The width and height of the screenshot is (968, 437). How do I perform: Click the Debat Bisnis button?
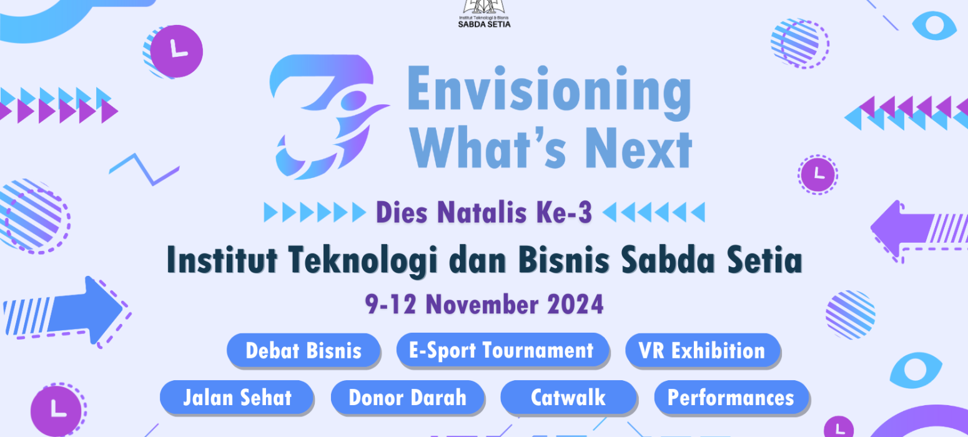point(304,350)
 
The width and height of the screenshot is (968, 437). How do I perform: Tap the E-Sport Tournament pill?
point(503,350)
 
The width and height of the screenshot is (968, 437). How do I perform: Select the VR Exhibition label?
point(703,350)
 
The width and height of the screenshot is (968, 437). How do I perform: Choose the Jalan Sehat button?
point(237,397)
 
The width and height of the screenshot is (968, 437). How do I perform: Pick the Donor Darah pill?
point(408,397)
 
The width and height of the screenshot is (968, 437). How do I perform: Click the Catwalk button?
point(568,397)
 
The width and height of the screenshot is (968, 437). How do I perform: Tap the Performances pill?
point(731,397)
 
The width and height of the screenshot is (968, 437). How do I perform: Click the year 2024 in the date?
point(575,305)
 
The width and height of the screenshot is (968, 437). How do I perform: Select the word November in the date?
point(482,305)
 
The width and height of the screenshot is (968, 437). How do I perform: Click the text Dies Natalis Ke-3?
point(484,212)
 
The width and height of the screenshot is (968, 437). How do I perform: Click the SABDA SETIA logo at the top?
point(484,14)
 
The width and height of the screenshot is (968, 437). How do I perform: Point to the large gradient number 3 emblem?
point(328,117)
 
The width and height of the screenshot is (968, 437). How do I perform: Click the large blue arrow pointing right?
point(67,312)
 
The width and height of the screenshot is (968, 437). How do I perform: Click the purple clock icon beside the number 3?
point(176,51)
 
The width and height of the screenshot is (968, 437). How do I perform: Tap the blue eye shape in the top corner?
point(934,26)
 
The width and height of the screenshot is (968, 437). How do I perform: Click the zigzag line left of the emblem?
point(144,169)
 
